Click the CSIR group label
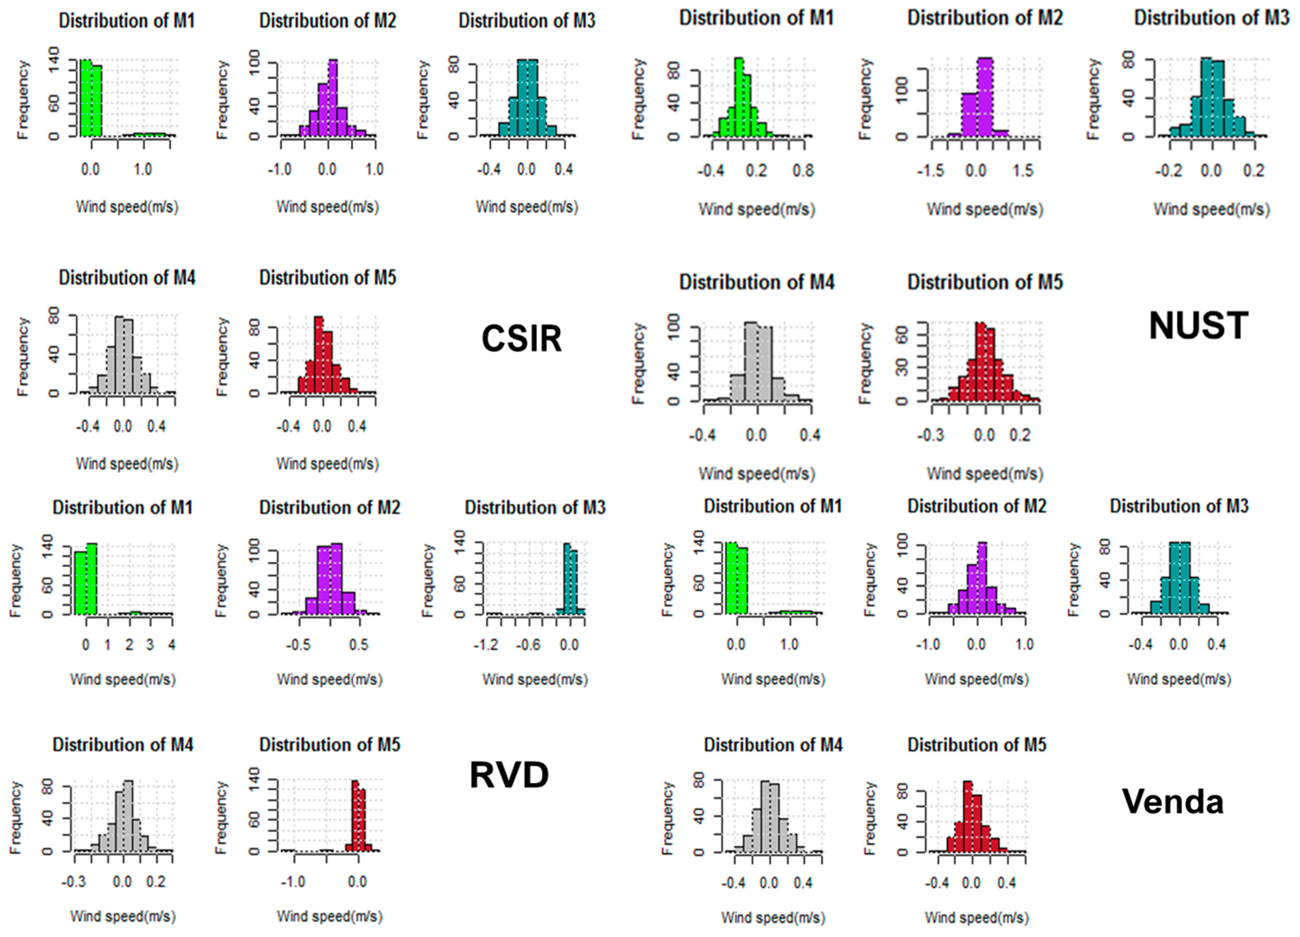pos(522,339)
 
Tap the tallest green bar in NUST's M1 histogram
pos(739,97)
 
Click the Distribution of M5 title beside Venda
pos(977,745)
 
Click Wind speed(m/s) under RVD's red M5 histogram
pos(329,916)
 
